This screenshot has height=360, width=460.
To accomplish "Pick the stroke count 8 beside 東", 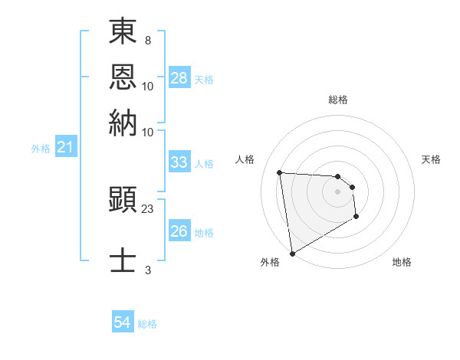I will coord(147,38).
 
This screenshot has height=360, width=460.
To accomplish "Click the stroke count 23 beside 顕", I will coord(148,208).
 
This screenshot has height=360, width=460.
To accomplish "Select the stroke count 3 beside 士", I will coord(147,270).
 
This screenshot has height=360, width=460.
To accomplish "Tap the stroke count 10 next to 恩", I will coord(147,86).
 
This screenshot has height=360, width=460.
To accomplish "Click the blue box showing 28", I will coord(179,78).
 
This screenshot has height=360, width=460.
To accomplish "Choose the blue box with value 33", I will coord(179,162).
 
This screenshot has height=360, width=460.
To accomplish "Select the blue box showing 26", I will coord(179,231).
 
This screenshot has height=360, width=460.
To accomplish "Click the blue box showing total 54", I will coord(122,322).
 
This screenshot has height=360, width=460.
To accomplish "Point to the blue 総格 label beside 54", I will coord(147,324).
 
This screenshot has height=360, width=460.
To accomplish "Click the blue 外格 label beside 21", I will coord(40,149).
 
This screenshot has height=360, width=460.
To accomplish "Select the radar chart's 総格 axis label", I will coord(337,100).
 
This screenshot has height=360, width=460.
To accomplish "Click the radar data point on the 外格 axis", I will coord(292,254).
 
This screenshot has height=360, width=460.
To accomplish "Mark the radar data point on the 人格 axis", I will coord(280,172).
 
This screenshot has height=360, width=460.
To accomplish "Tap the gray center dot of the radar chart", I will coord(337,192).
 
